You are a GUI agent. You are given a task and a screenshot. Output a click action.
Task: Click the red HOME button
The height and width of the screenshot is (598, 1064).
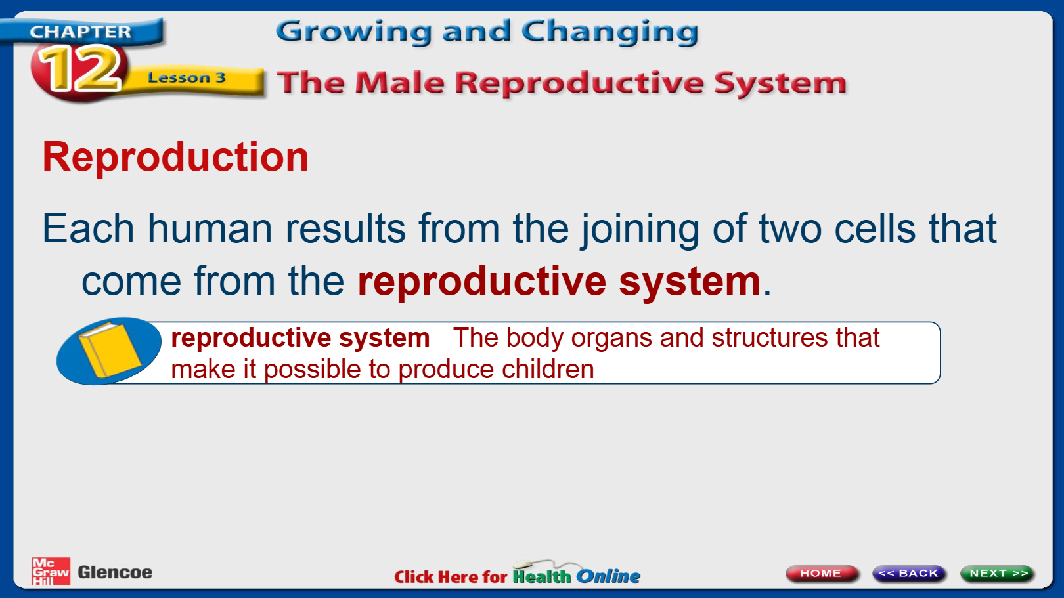click(821, 573)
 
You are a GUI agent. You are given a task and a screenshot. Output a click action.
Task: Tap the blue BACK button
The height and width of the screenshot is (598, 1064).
click(909, 573)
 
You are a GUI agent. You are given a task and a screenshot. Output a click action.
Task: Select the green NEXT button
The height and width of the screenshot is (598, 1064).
click(997, 573)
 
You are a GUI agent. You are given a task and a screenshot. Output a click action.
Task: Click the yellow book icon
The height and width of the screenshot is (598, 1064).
click(110, 351)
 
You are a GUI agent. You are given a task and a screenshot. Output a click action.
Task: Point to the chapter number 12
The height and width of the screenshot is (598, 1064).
click(80, 68)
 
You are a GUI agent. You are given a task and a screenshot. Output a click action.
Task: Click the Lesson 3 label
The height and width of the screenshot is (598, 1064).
click(187, 77)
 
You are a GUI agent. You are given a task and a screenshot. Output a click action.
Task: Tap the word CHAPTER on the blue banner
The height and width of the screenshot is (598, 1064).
click(80, 32)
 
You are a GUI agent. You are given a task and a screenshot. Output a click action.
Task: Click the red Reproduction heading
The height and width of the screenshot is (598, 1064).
click(176, 157)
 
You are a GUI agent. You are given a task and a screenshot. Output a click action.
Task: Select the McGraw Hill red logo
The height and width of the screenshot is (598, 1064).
click(51, 571)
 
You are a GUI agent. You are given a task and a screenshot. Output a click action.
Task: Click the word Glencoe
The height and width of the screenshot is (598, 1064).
click(115, 572)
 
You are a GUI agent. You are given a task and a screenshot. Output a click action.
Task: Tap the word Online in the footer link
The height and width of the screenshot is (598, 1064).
click(608, 576)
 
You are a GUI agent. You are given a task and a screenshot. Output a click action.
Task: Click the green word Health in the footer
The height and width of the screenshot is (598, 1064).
click(542, 576)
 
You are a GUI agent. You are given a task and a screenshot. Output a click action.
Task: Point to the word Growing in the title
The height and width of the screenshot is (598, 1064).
click(354, 32)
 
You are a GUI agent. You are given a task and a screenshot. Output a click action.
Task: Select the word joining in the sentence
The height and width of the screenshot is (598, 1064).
click(640, 230)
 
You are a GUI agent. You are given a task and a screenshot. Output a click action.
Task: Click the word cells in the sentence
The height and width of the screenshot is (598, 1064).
click(875, 228)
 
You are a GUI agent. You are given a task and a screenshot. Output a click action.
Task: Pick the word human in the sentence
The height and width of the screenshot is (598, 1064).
click(210, 228)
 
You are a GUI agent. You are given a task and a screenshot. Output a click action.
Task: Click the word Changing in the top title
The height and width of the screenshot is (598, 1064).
click(610, 32)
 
